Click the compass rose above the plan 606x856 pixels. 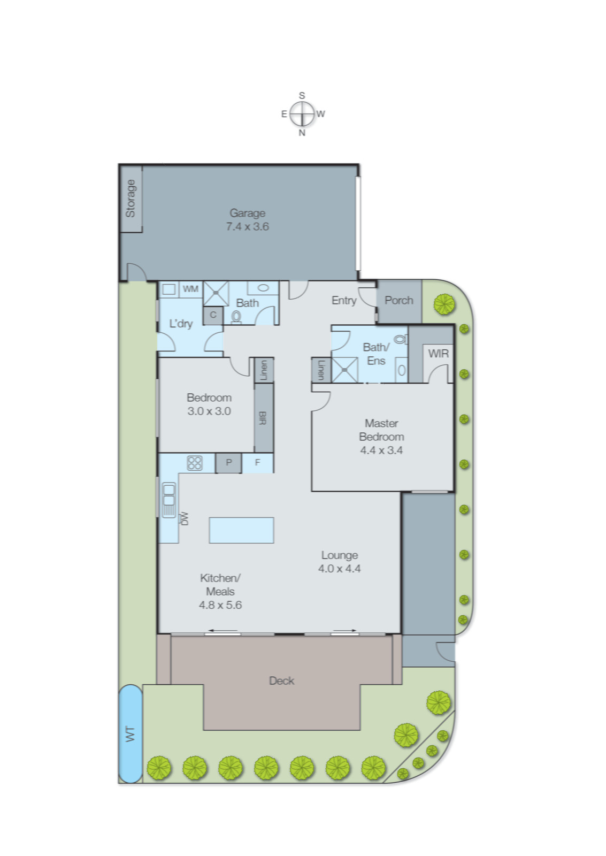[x=302, y=114]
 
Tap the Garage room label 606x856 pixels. [x=247, y=213]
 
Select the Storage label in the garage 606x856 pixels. [x=131, y=198]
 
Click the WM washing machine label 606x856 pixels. [x=190, y=289]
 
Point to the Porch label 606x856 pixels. [x=398, y=300]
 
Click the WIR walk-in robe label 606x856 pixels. [x=438, y=354]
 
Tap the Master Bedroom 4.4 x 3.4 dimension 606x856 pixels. [x=381, y=450]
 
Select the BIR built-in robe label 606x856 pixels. [x=263, y=418]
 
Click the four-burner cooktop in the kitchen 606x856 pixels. [x=194, y=462]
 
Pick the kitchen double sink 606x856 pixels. [x=169, y=500]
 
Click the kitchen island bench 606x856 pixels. [x=241, y=530]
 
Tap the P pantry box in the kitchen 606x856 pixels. [x=228, y=462]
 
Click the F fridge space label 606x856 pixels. [x=257, y=462]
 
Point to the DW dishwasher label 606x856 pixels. [x=185, y=518]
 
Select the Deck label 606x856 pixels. [x=281, y=681]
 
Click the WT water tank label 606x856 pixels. [x=130, y=733]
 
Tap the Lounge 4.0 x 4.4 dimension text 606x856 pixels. [x=339, y=569]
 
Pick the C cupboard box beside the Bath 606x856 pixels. [x=213, y=315]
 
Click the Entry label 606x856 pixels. [x=343, y=300]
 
